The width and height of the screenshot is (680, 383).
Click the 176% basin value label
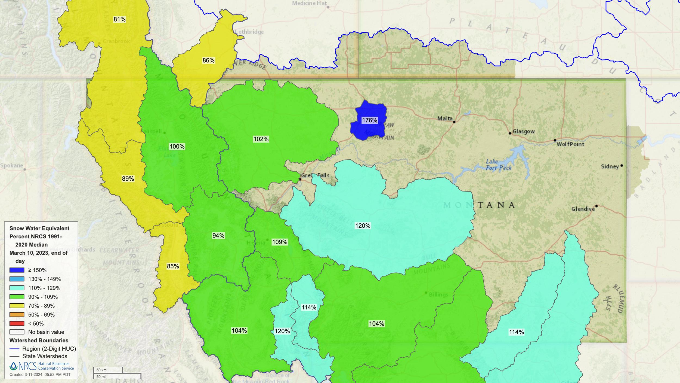pyautogui.click(x=370, y=120)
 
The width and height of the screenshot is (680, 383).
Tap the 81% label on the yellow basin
pyautogui.click(x=119, y=19)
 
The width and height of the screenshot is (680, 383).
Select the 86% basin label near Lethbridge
pyautogui.click(x=208, y=60)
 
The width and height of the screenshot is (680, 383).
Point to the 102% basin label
pyautogui.click(x=261, y=139)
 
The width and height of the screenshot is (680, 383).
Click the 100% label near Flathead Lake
pyautogui.click(x=177, y=147)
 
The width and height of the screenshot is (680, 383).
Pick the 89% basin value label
pyautogui.click(x=128, y=179)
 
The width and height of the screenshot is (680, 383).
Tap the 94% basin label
pyautogui.click(x=218, y=236)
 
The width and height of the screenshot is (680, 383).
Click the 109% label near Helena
pyautogui.click(x=280, y=242)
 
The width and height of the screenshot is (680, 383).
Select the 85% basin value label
pyautogui.click(x=173, y=266)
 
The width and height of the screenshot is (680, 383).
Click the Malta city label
pyautogui.click(x=445, y=118)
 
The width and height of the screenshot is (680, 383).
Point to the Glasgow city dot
pyautogui.click(x=510, y=133)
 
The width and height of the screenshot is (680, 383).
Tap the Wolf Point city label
pyautogui.click(x=570, y=144)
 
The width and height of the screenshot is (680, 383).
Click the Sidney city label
pyautogui.click(x=610, y=166)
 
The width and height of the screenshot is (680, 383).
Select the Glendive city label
pyautogui.click(x=583, y=209)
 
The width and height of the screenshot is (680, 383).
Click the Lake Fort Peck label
pyautogui.click(x=498, y=165)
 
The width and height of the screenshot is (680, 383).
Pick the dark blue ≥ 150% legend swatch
pyautogui.click(x=17, y=270)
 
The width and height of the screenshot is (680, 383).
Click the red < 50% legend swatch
pyautogui.click(x=17, y=324)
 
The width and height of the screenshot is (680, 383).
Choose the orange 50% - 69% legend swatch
pyautogui.click(x=17, y=315)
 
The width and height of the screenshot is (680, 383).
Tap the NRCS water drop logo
pyautogui.click(x=13, y=366)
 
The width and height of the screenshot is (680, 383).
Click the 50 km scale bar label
pyautogui.click(x=101, y=370)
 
